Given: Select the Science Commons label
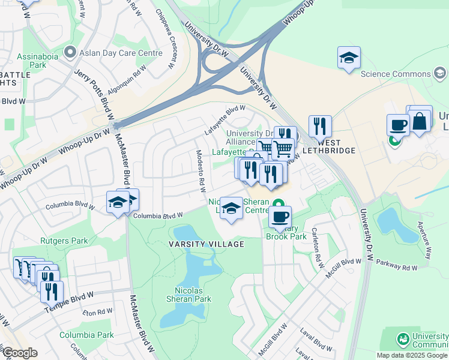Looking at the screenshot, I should click(x=395, y=74).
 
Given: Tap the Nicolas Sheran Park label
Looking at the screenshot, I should click(x=188, y=294).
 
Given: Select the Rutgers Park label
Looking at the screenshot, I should click(x=64, y=241).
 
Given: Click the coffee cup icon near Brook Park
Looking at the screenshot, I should click(x=279, y=217).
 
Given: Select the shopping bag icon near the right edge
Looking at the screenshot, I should click(x=420, y=120).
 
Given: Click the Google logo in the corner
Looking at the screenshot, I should click(x=20, y=353).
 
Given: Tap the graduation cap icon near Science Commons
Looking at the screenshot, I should click(x=349, y=58).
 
